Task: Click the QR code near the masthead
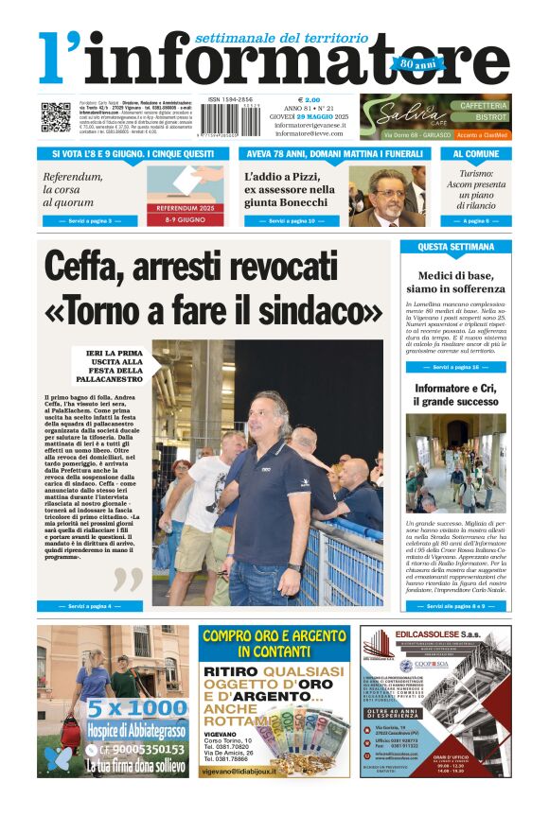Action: coord(55,117)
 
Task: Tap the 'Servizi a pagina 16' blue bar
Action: coord(455,367)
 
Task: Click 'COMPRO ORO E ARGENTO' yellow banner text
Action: coord(274,643)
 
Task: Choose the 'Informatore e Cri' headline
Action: coord(455,395)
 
